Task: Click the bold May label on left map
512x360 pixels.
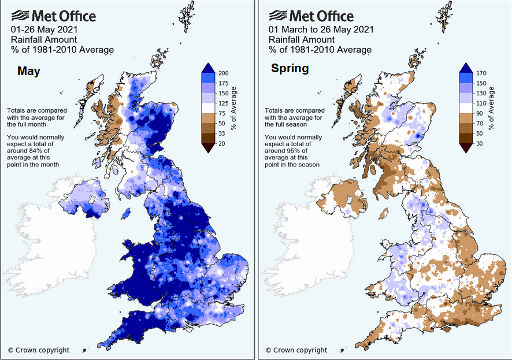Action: (x=28, y=71)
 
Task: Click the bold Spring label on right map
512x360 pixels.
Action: (x=290, y=69)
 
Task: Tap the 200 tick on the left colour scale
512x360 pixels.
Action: (x=224, y=73)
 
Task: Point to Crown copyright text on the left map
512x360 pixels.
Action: (x=39, y=350)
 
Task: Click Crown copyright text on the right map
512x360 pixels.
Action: (x=296, y=350)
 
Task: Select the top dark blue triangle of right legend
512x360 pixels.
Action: (x=466, y=68)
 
